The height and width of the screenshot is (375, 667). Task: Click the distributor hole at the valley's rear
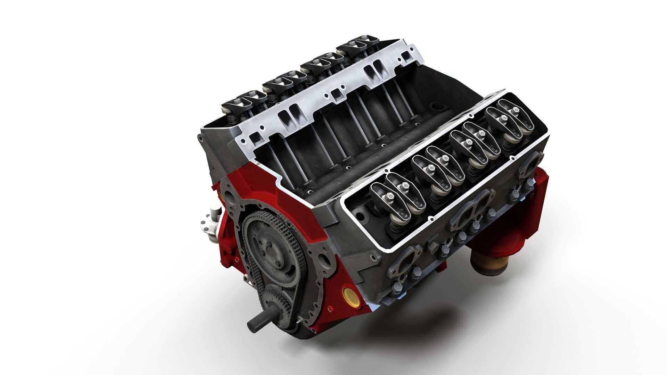(x=434, y=106)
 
